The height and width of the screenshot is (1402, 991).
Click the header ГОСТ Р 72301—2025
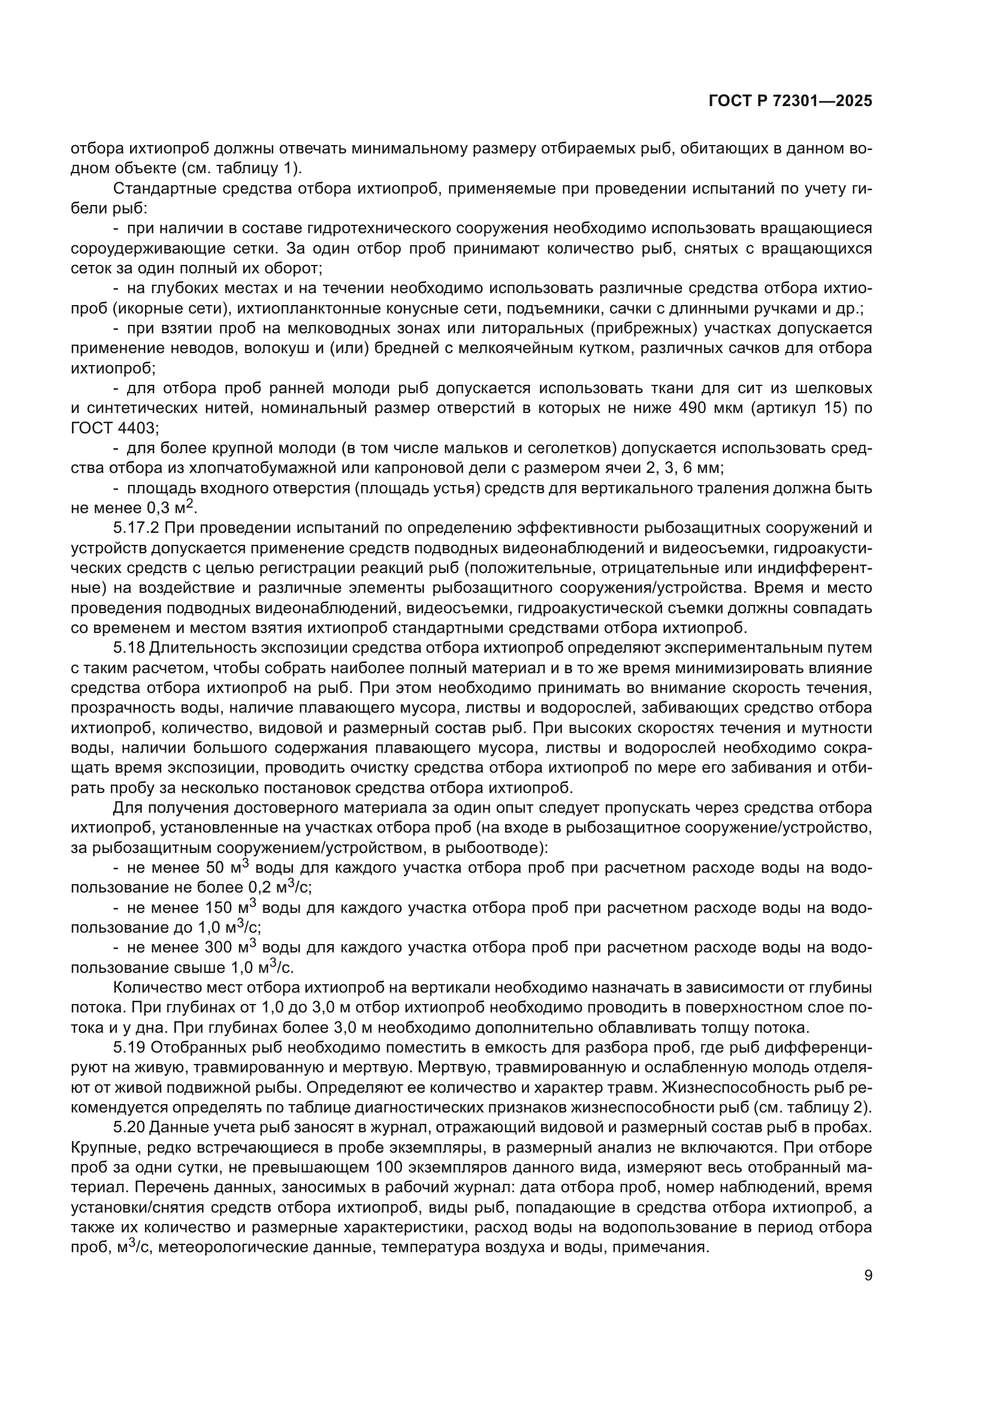click(x=790, y=101)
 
